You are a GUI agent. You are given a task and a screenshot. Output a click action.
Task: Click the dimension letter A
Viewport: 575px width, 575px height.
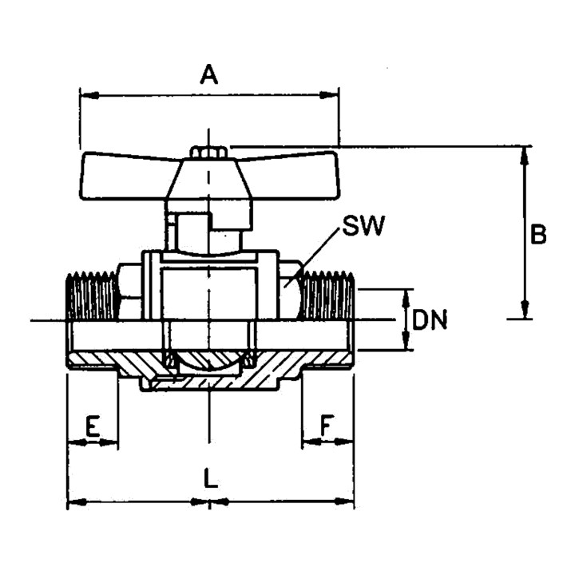pyautogui.click(x=209, y=74)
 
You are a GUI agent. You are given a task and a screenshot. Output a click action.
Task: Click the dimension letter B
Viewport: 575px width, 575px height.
pyautogui.click(x=538, y=234)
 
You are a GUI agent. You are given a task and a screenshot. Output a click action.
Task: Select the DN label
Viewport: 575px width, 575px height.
pyautogui.click(x=430, y=320)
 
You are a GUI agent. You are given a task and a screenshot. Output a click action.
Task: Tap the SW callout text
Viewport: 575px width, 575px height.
pyautogui.click(x=363, y=225)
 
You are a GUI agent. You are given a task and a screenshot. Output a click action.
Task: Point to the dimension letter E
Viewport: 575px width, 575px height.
pyautogui.click(x=93, y=426)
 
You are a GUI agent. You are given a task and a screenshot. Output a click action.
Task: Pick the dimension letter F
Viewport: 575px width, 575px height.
pyautogui.click(x=326, y=426)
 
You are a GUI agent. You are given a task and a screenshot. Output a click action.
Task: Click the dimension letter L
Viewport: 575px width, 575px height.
pyautogui.click(x=211, y=478)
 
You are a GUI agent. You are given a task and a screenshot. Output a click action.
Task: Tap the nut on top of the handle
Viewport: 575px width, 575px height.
pyautogui.click(x=208, y=153)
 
